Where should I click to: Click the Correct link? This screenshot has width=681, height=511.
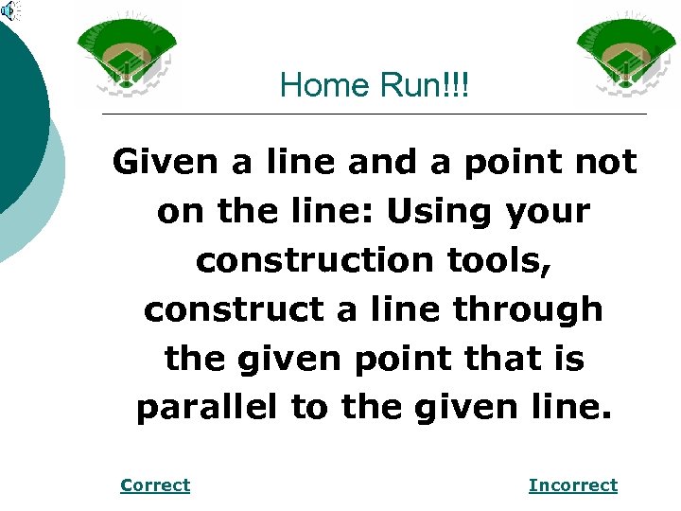tap(155, 485)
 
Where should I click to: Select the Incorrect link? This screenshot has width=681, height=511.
tap(572, 485)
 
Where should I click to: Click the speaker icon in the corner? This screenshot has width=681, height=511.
tap(9, 9)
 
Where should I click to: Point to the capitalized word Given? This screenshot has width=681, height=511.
tap(166, 163)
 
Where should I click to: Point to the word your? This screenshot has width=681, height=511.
tap(550, 212)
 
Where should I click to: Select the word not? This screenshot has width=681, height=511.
tap(605, 163)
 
